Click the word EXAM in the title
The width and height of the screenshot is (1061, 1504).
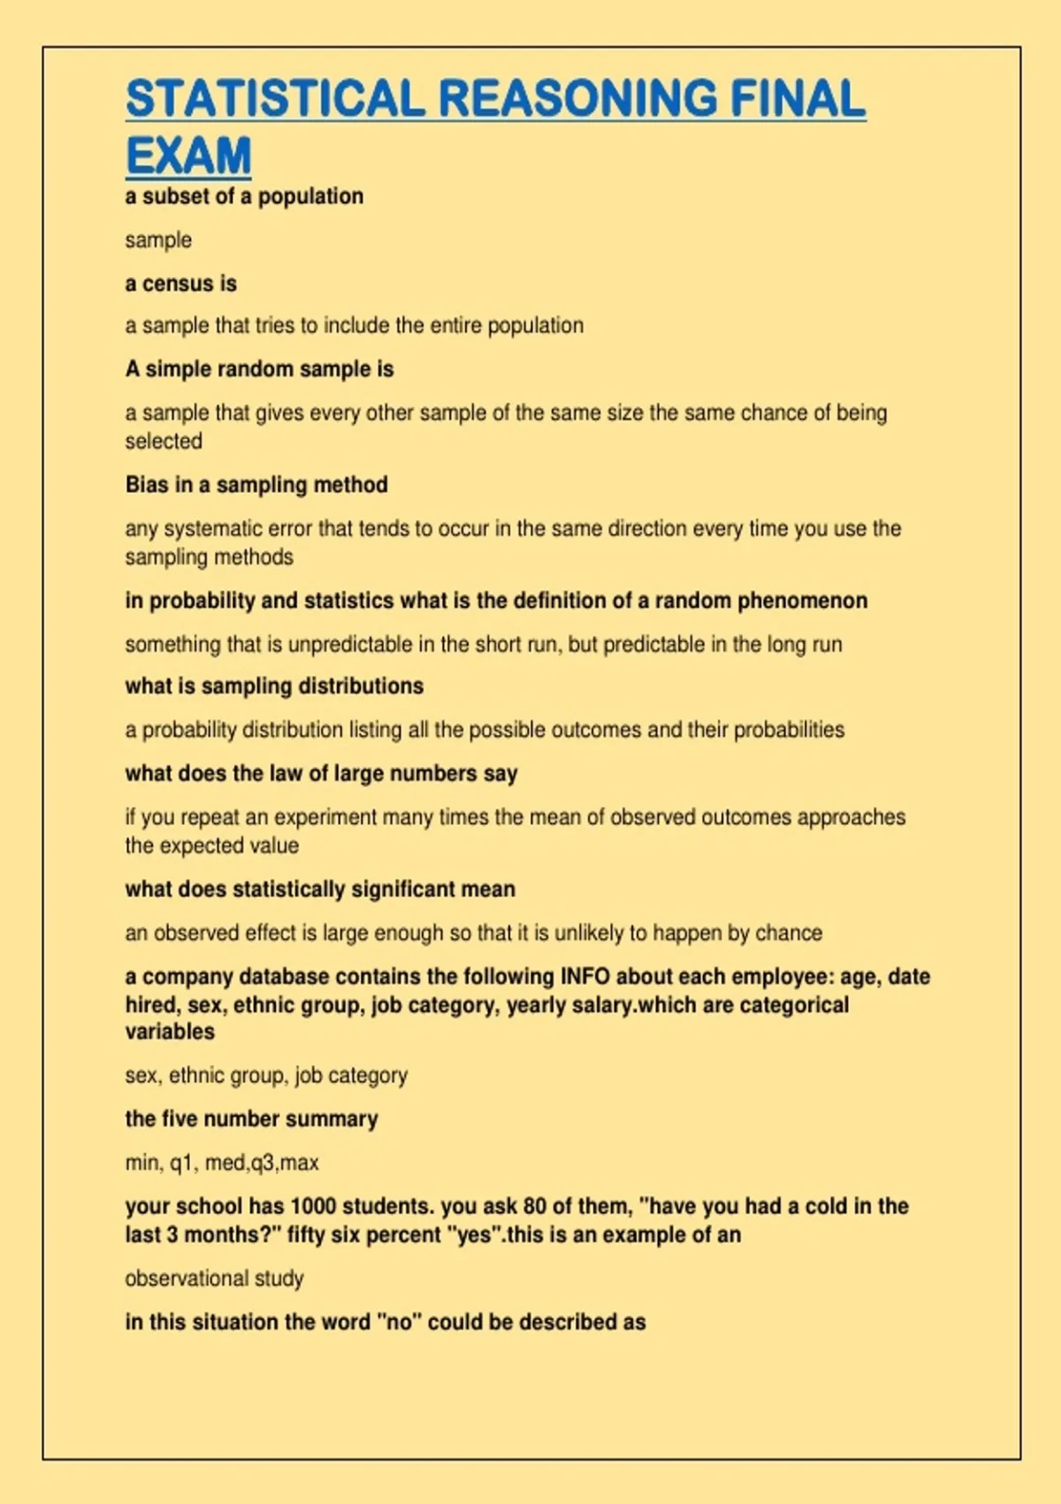pyautogui.click(x=188, y=156)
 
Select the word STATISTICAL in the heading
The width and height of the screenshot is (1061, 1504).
pyautogui.click(x=275, y=98)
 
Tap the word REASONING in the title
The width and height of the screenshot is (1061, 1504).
pyautogui.click(x=577, y=98)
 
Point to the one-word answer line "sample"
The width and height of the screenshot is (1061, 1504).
pyautogui.click(x=158, y=240)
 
